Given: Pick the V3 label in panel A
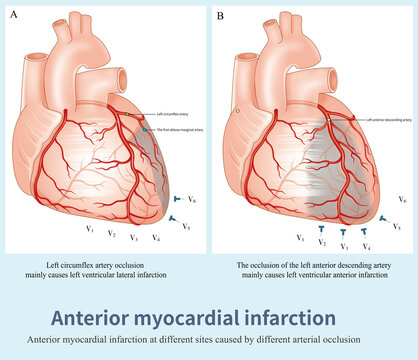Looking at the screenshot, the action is [x=135, y=238].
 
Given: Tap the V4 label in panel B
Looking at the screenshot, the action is [x=368, y=245].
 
